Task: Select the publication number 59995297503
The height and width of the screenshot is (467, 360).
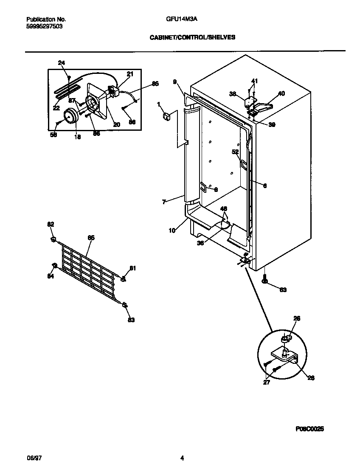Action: point(45,26)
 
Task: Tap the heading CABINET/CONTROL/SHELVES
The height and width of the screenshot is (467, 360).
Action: point(192,37)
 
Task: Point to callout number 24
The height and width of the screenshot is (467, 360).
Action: point(62,63)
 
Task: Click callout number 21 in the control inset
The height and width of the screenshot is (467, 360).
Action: point(130,74)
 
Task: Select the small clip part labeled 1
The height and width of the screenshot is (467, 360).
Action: point(167,116)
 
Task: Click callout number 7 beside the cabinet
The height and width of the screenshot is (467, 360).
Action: point(164,202)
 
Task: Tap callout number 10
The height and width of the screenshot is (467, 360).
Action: point(172,231)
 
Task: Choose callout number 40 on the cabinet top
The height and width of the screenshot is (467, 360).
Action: point(281,93)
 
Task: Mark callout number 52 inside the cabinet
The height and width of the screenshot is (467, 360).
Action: point(235,152)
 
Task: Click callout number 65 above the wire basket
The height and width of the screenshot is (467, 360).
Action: point(91,238)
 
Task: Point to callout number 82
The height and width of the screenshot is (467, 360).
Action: point(51,224)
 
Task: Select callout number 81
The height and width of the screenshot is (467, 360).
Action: point(132,268)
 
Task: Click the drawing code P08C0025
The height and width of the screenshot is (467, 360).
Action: point(309,429)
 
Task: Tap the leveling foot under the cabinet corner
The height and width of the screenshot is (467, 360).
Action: point(265,279)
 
